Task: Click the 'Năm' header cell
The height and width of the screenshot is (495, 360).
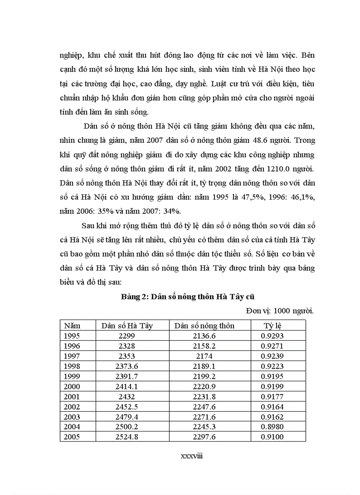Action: click(72, 326)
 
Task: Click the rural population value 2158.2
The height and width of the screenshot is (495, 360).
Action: click(205, 346)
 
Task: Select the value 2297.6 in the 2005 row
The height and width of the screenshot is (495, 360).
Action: click(205, 437)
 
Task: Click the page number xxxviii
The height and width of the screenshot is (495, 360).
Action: click(191, 456)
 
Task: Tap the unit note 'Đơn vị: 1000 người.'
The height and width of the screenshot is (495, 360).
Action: click(280, 311)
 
